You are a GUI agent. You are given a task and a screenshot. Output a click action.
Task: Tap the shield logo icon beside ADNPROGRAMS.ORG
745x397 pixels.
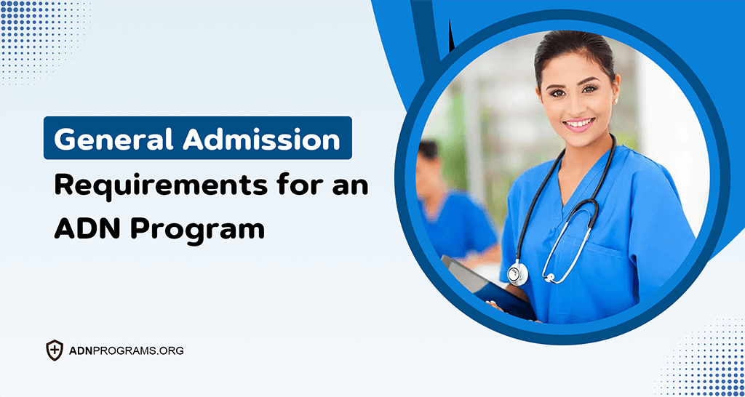[x=55, y=350]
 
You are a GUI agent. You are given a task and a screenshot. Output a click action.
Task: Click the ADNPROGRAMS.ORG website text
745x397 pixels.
[x=125, y=350]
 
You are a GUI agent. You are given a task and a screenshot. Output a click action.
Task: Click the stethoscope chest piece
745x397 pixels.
[x=517, y=273]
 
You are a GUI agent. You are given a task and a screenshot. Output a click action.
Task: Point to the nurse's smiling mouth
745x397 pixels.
[x=579, y=123]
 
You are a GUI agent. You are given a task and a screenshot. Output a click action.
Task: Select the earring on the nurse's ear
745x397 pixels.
[x=613, y=101]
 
